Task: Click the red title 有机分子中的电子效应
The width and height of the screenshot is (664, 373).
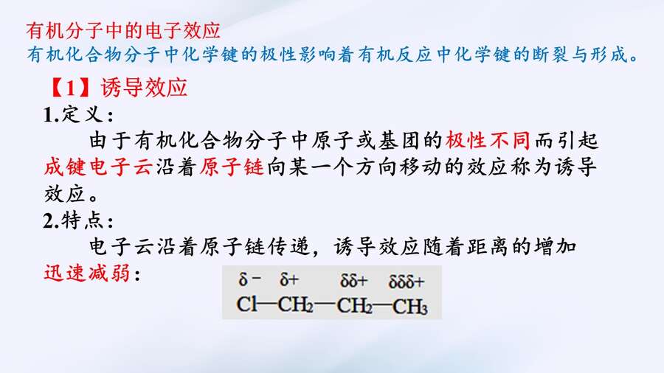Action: point(122,30)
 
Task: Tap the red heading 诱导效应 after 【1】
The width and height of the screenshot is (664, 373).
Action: point(144,88)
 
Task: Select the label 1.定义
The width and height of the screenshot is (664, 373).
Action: point(78,114)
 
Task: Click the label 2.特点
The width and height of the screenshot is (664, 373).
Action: point(78,220)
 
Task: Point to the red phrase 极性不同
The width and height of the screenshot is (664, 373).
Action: point(488,140)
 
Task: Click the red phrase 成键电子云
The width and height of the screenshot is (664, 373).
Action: point(98,167)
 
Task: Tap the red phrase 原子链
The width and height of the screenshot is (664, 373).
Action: point(232,167)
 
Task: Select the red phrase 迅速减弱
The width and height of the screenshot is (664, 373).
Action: point(87,273)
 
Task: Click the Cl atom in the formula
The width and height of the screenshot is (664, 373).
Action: point(247,304)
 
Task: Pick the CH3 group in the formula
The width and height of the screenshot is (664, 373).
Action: point(410,306)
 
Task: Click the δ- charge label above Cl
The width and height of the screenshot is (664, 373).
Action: point(250,279)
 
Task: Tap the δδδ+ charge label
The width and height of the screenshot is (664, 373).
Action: point(406,282)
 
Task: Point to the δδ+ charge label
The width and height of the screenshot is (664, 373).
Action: point(354,280)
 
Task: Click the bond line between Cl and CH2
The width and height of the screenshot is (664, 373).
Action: point(267,304)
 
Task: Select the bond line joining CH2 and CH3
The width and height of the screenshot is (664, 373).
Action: point(383,304)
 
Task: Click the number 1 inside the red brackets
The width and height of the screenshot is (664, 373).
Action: point(71,88)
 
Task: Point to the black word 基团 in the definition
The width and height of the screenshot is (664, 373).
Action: point(399,140)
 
